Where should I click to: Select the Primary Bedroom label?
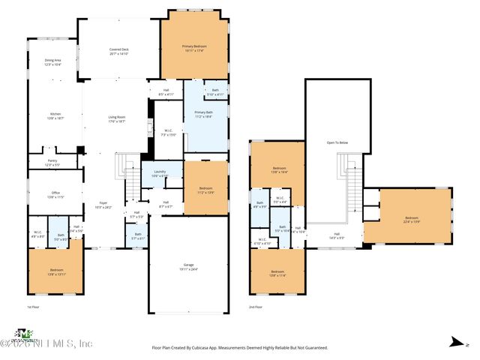[x=194, y=48]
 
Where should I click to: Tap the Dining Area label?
[x=52, y=62]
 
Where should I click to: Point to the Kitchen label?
[x=55, y=115]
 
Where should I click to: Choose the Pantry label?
[x=52, y=162]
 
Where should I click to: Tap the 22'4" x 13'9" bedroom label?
[x=413, y=219]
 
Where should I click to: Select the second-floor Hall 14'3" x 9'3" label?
[x=337, y=235]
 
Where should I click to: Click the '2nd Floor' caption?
[x=256, y=307]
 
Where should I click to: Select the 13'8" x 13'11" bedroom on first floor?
[x=56, y=271]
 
